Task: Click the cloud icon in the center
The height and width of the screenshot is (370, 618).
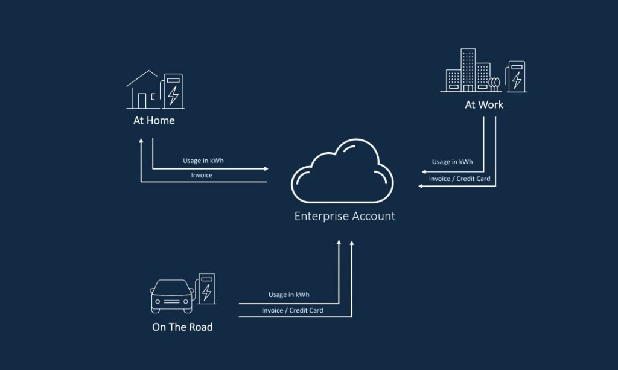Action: coord(342,171)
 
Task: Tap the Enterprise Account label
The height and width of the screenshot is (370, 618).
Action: coord(345,216)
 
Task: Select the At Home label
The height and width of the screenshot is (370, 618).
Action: coord(154,120)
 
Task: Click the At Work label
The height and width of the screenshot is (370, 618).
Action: coord(484,104)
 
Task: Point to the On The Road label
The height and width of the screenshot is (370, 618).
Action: coord(182,327)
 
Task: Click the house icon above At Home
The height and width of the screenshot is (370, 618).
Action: coord(142,90)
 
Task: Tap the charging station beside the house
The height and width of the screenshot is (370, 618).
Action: coord(173,91)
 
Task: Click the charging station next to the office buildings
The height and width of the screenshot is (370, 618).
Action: coord(516,76)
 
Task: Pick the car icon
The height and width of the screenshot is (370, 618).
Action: coord(172,295)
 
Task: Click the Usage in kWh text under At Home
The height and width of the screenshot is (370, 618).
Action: coord(203,161)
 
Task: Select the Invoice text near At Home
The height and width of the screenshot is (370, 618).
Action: coord(202,175)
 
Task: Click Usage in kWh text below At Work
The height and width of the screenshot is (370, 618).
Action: coord(452,162)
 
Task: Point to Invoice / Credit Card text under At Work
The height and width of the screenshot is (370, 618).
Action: coord(459,179)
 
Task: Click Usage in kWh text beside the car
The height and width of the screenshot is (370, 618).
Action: coord(288,295)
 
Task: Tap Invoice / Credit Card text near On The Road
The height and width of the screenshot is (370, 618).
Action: coord(292,310)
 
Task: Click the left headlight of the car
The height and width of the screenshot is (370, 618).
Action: coord(159,299)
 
